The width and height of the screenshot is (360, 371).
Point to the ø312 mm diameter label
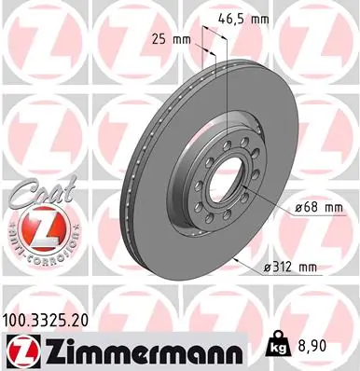pyautogui.click(x=290, y=268)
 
